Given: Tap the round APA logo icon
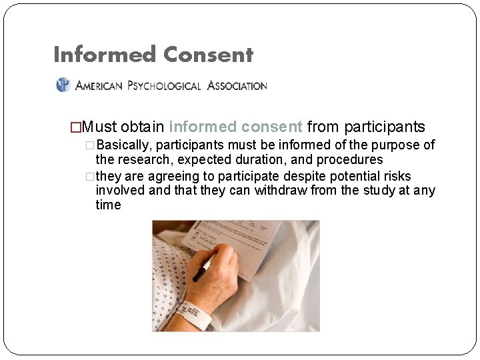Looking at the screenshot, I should click(63, 85).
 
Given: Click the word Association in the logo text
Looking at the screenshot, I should click(237, 85).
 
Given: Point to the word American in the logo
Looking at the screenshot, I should click(99, 85).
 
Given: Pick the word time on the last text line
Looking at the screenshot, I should click(108, 205).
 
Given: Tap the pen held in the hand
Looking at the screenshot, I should click(203, 267).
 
